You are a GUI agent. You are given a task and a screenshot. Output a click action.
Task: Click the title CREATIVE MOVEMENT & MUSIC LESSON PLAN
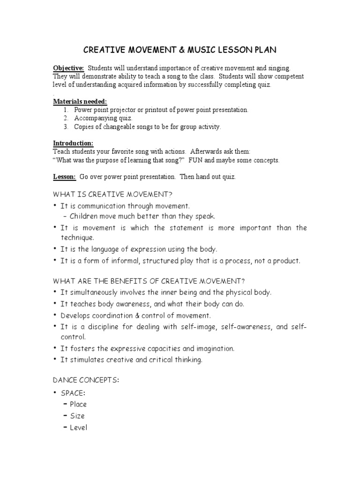(180, 50)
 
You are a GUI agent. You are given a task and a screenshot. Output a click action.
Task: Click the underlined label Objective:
(68, 68)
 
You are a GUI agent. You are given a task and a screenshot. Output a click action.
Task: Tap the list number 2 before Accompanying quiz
(66, 118)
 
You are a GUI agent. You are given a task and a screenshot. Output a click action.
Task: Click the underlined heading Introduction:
(73, 143)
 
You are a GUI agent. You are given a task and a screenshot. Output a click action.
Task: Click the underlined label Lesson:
(64, 177)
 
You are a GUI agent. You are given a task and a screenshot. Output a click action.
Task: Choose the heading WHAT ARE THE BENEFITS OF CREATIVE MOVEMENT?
(149, 281)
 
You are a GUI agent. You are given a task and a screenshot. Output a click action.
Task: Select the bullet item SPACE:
(72, 393)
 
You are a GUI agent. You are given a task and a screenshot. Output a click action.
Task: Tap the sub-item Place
(78, 405)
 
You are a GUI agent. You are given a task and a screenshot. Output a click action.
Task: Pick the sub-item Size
(77, 416)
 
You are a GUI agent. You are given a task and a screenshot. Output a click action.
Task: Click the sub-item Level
(78, 427)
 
